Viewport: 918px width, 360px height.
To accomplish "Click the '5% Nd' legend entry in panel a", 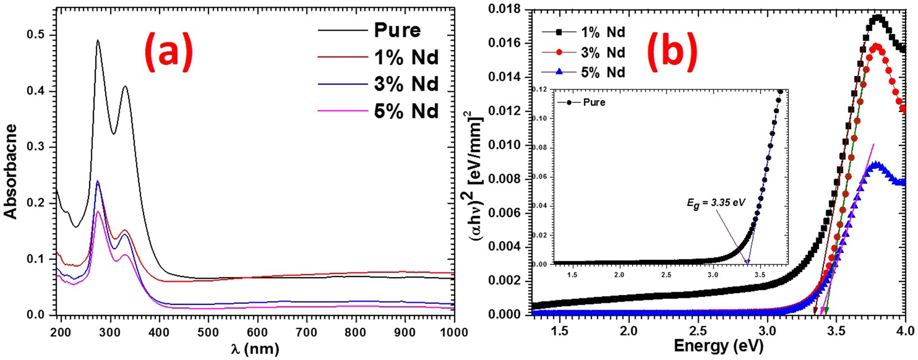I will (406, 111).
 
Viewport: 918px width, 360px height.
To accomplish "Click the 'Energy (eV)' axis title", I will (718, 346).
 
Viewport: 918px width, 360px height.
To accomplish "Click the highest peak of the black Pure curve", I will (98, 41).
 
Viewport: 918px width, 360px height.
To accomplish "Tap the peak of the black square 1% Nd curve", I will (877, 17).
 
